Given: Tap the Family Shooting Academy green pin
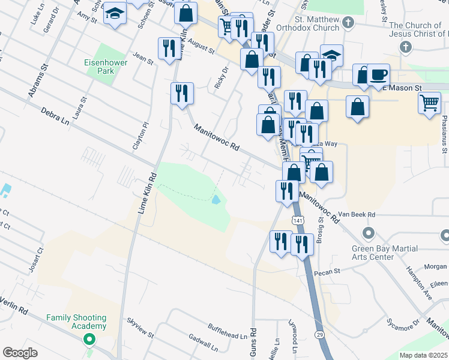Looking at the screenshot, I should (x=89, y=340).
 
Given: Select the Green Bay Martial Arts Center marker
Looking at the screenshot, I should (x=369, y=233).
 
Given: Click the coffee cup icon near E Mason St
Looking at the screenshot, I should (x=378, y=75).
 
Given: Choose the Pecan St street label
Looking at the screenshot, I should (x=328, y=271).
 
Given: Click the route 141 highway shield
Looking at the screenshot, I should (x=298, y=221).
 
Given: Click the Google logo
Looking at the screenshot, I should (x=20, y=353).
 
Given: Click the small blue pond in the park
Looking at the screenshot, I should (x=215, y=199).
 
